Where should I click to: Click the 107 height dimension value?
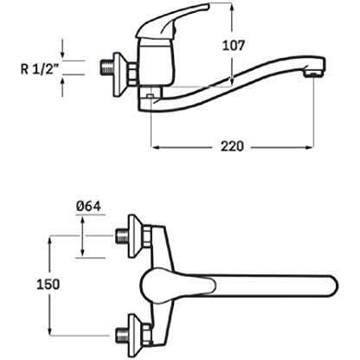click(233, 46)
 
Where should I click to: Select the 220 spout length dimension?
click(232, 146)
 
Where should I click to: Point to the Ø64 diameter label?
click(88, 206)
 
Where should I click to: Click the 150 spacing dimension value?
click(48, 285)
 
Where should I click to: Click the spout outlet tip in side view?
click(314, 72)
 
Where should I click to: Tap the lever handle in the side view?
click(172, 20)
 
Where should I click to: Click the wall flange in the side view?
click(119, 74)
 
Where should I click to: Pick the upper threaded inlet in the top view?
click(122, 236)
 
